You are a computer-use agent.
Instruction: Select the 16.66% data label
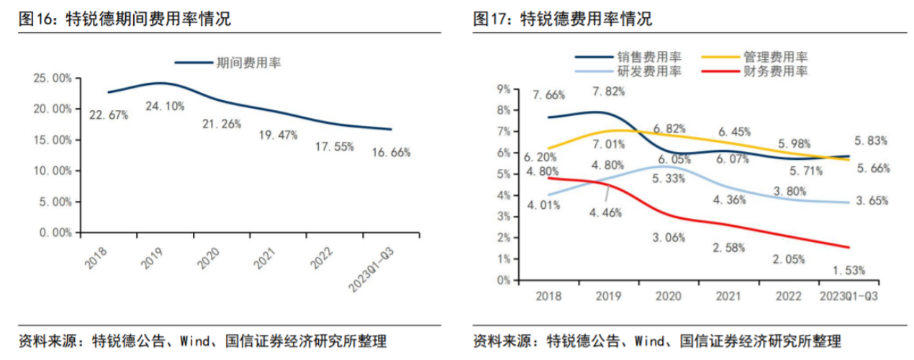click(392, 152)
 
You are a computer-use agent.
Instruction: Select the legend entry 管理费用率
click(778, 56)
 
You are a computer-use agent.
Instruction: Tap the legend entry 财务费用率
click(778, 71)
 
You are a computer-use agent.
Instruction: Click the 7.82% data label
click(608, 91)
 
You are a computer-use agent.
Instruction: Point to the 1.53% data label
click(849, 270)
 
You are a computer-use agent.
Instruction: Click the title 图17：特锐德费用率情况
click(562, 19)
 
